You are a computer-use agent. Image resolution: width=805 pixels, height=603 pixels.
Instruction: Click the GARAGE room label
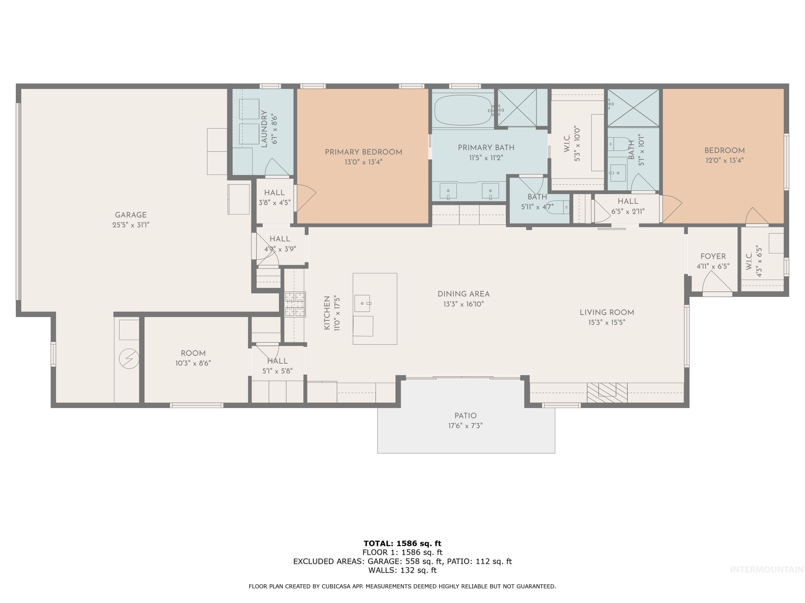[131, 215]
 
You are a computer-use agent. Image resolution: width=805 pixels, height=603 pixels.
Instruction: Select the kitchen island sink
[362, 303]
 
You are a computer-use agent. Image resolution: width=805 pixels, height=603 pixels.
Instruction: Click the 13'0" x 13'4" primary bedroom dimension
[363, 162]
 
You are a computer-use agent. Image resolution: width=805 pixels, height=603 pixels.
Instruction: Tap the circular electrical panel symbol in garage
[129, 359]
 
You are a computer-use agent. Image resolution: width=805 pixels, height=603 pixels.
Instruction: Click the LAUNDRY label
[264, 129]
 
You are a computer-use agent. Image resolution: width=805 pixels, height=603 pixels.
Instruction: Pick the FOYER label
[713, 256]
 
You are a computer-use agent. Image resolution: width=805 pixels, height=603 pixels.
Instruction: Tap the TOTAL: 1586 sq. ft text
[402, 544]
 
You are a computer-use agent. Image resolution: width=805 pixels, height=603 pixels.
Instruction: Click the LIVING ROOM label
[606, 312]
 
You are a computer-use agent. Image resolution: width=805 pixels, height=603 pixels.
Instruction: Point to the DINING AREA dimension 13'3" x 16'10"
[463, 304]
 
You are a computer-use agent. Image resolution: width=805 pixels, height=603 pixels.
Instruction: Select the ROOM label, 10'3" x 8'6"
[193, 353]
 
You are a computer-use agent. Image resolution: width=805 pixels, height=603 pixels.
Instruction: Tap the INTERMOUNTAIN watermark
[766, 569]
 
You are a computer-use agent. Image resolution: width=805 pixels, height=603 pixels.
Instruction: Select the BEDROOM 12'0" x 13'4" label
[724, 151]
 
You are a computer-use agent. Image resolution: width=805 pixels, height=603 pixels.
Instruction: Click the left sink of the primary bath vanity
[448, 191]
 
